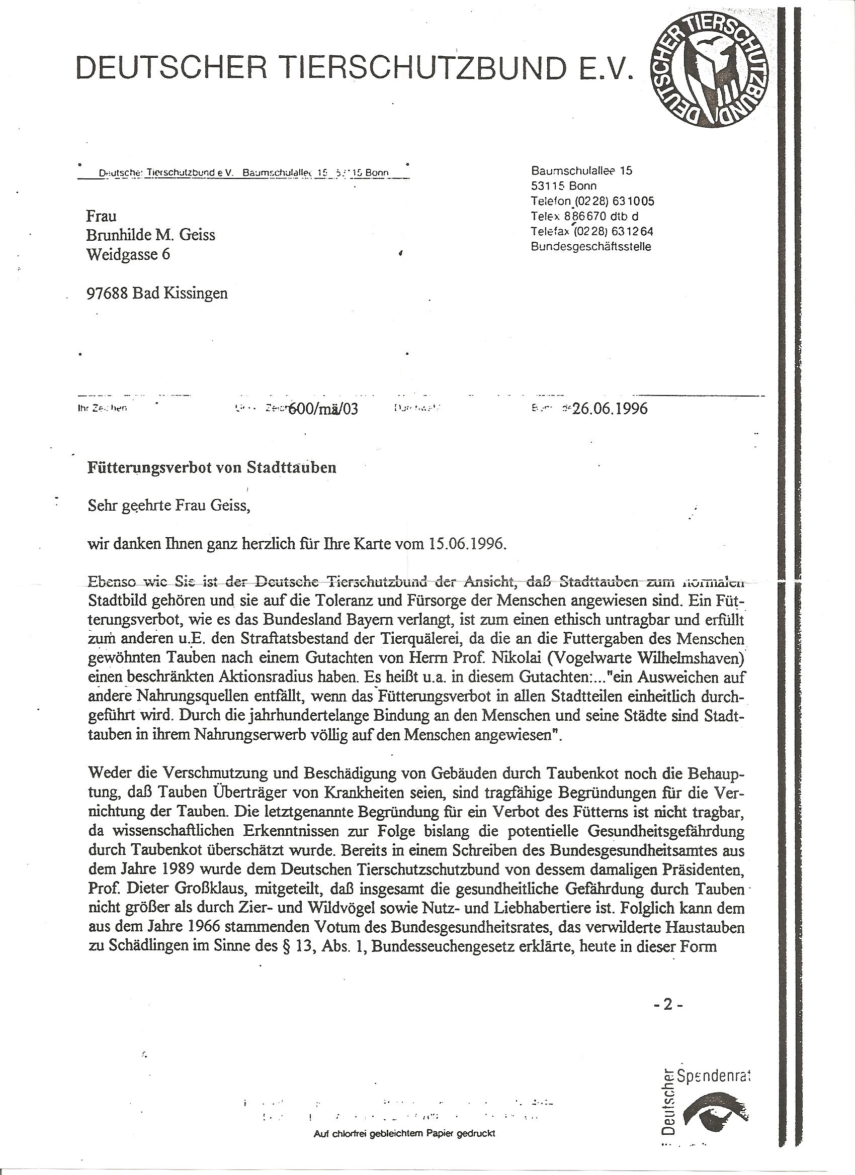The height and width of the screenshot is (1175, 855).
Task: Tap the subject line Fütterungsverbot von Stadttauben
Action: (212, 467)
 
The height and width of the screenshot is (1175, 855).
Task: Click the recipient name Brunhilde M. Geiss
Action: (150, 235)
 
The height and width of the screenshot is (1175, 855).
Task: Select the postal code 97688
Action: (107, 293)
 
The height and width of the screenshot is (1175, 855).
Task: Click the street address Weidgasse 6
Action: (128, 254)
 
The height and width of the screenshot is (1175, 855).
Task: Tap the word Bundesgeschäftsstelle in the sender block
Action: (590, 247)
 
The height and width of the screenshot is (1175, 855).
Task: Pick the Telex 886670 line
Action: (584, 216)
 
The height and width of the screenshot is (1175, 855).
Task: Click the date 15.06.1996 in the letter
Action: (466, 544)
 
